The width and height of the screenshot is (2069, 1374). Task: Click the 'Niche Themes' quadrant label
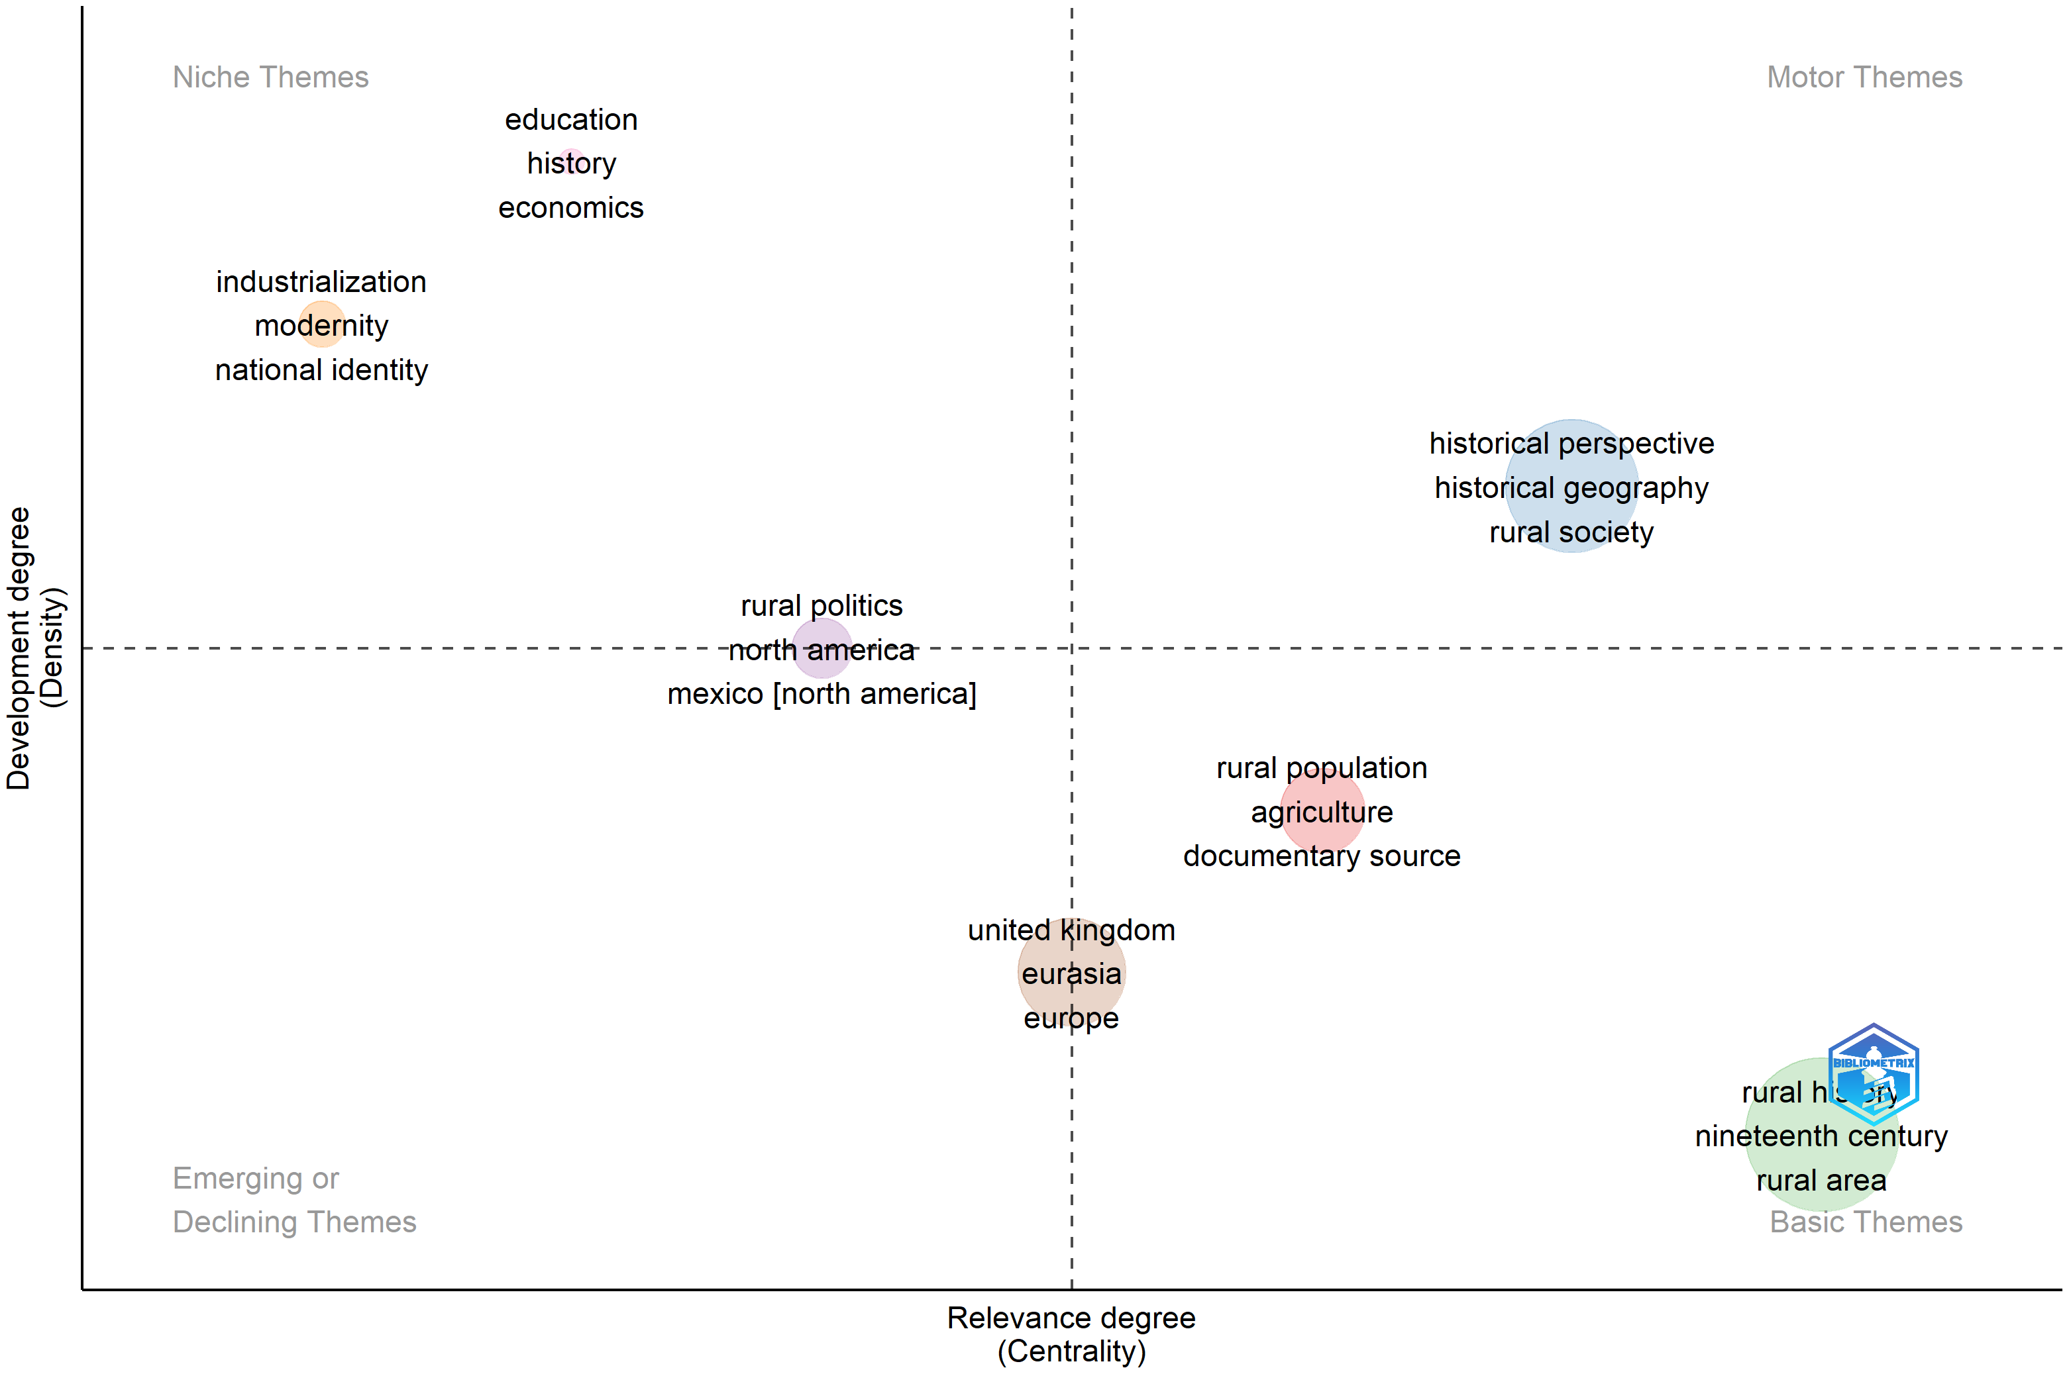pos(270,77)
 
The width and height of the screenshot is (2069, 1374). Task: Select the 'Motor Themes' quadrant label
pos(1864,77)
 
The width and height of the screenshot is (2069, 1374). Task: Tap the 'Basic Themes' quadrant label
pos(1866,1222)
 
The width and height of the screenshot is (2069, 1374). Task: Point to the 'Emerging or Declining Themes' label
pos(293,1200)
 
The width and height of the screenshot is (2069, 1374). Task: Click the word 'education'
pos(570,119)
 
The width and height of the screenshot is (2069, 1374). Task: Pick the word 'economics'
pos(570,208)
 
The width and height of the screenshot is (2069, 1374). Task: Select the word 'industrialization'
pos(321,281)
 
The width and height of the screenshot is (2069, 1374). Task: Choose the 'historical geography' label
pos(1571,487)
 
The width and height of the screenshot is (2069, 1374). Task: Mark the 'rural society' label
pos(1571,532)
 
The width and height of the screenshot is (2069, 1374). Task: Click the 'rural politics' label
pos(822,605)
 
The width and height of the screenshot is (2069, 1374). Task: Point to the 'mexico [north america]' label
pos(822,694)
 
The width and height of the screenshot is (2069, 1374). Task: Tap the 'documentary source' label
pos(1321,856)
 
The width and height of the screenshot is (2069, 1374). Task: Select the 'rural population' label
pos(1321,767)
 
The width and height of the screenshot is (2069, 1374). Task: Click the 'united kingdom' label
pos(1071,930)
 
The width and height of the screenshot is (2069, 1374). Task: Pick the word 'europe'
pos(1071,1018)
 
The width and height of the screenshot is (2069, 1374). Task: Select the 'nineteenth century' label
pos(1821,1136)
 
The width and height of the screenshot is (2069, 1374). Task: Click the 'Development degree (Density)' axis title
pos(35,648)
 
